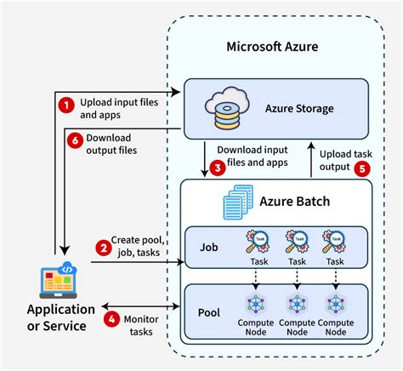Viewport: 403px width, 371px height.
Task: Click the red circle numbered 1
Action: pyautogui.click(x=66, y=104)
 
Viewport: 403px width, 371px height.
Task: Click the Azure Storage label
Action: pyautogui.click(x=298, y=108)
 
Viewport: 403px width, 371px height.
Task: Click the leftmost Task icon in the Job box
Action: pyautogui.click(x=258, y=242)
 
